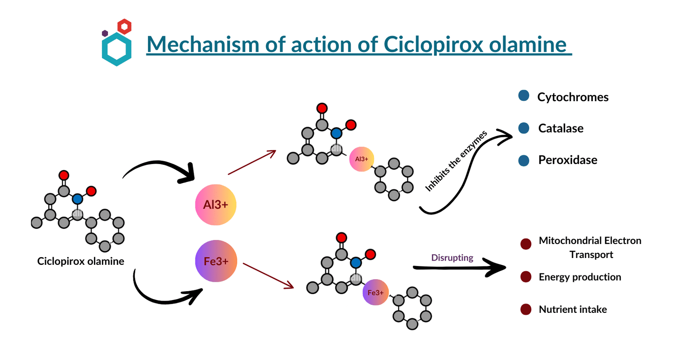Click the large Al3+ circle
[x=215, y=204]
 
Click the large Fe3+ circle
[x=215, y=261]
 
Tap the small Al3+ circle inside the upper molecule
[x=362, y=159]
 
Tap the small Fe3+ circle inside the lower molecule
[x=375, y=292]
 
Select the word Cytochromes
[x=572, y=97]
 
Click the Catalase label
[x=561, y=128]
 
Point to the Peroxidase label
[x=567, y=160]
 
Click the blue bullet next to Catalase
[x=524, y=128]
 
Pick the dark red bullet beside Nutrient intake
[x=526, y=309]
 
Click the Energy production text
[x=580, y=277]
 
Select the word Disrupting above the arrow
[x=452, y=258]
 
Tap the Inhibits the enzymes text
[x=456, y=162]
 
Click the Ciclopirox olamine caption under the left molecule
[x=80, y=261]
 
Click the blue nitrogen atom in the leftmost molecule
[x=77, y=198]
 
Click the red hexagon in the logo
[x=124, y=26]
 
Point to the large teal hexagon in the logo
[x=116, y=49]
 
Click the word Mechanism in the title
[x=203, y=45]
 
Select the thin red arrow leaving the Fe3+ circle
[x=268, y=275]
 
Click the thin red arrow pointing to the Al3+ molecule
[x=252, y=162]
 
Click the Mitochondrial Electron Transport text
[x=590, y=247]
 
